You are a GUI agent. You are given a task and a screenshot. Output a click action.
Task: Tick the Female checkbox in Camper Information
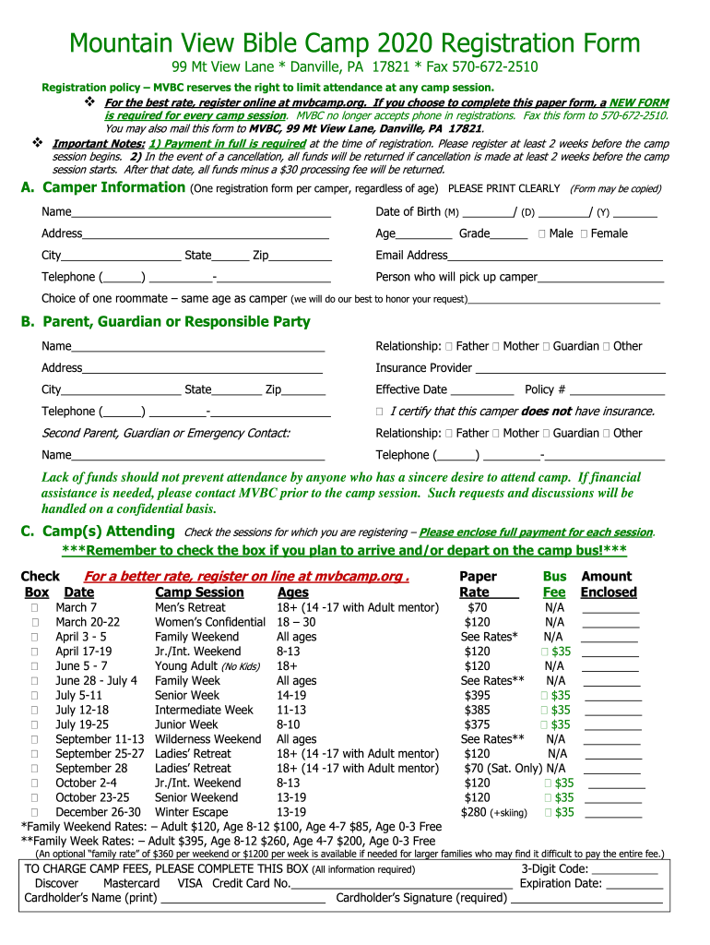[x=585, y=234]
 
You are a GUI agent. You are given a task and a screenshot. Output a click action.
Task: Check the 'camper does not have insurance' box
[x=380, y=412]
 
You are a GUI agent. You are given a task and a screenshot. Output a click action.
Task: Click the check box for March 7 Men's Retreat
[x=34, y=608]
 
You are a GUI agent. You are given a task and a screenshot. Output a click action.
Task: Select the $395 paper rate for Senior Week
[x=478, y=695]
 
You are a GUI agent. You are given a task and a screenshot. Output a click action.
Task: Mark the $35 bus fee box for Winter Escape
[x=550, y=812]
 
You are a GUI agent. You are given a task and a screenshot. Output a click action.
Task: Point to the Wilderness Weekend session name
[x=207, y=739]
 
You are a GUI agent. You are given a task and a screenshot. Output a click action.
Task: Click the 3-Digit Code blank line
[x=624, y=870]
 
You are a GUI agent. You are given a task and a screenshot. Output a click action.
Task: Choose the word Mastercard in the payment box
[x=131, y=883]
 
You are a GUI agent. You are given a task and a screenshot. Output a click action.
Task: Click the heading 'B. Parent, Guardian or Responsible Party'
[x=165, y=322]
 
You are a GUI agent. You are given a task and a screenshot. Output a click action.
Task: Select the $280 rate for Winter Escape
[x=473, y=812]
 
